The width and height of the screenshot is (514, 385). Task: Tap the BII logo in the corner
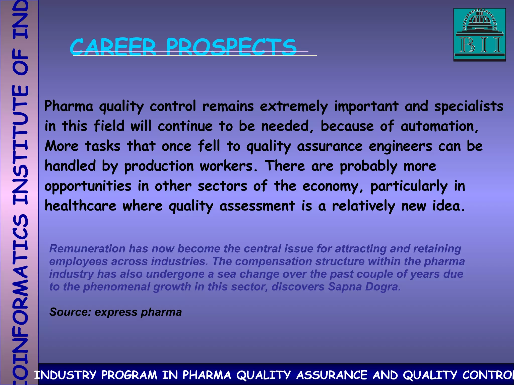(x=479, y=35)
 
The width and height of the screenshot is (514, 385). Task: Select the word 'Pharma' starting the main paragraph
(x=69, y=106)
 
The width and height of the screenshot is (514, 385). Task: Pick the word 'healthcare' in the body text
(x=80, y=206)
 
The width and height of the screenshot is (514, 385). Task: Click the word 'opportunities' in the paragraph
(x=88, y=186)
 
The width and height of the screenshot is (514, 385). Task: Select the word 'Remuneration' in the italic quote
(x=87, y=249)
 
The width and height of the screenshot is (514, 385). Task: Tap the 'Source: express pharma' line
(x=115, y=312)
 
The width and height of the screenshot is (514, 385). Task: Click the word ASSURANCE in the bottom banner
(x=331, y=375)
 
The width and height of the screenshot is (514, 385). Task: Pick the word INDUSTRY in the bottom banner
(x=65, y=375)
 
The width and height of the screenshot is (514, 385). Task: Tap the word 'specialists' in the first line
(x=469, y=106)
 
